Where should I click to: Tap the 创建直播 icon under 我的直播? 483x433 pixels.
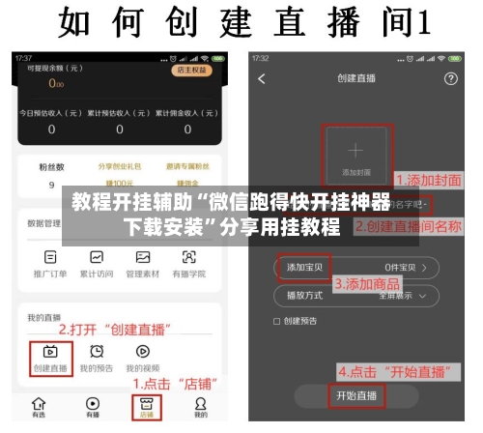(x=49, y=354)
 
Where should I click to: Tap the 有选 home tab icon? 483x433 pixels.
(x=38, y=404)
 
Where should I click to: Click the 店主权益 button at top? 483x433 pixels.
(x=190, y=71)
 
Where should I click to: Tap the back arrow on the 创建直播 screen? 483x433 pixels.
(x=261, y=78)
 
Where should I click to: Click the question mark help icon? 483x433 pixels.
(x=449, y=78)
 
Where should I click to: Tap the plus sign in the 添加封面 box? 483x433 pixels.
(x=356, y=150)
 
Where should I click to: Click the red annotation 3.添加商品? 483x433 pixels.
(x=367, y=284)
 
